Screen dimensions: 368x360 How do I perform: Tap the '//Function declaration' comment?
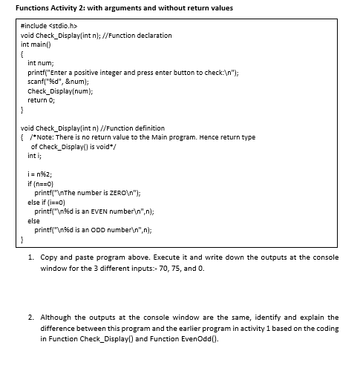point(140,35)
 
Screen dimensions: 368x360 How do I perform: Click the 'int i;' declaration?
point(33,156)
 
